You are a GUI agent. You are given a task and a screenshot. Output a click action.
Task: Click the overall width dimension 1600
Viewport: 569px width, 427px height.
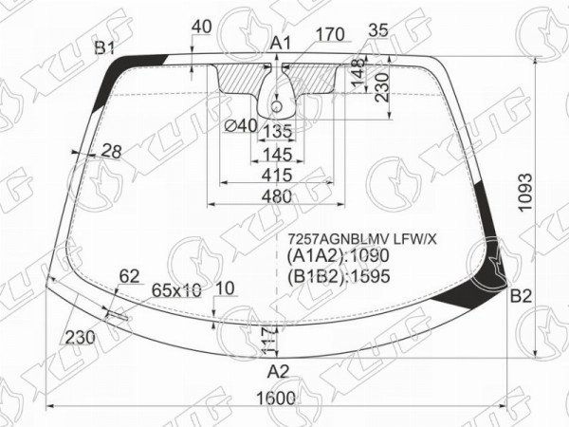click(276, 399)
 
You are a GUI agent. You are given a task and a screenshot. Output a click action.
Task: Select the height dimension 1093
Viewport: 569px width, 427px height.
click(524, 192)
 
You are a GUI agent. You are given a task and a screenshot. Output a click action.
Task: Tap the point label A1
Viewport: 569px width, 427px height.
click(282, 44)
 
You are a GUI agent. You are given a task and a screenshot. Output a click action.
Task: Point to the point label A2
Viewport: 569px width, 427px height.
click(278, 371)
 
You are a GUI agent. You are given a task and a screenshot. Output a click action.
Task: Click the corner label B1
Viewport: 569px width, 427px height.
click(105, 48)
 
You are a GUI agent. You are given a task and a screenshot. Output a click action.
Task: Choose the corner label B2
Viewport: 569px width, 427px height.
click(521, 297)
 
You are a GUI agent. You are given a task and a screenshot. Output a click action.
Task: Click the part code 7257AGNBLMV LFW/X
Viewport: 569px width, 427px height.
click(362, 239)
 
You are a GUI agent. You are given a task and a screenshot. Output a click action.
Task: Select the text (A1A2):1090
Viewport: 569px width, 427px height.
click(338, 255)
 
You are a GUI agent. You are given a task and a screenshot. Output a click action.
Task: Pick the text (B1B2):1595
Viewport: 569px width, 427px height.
click(339, 276)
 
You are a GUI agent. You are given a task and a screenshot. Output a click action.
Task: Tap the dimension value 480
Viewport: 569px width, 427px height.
click(276, 196)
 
